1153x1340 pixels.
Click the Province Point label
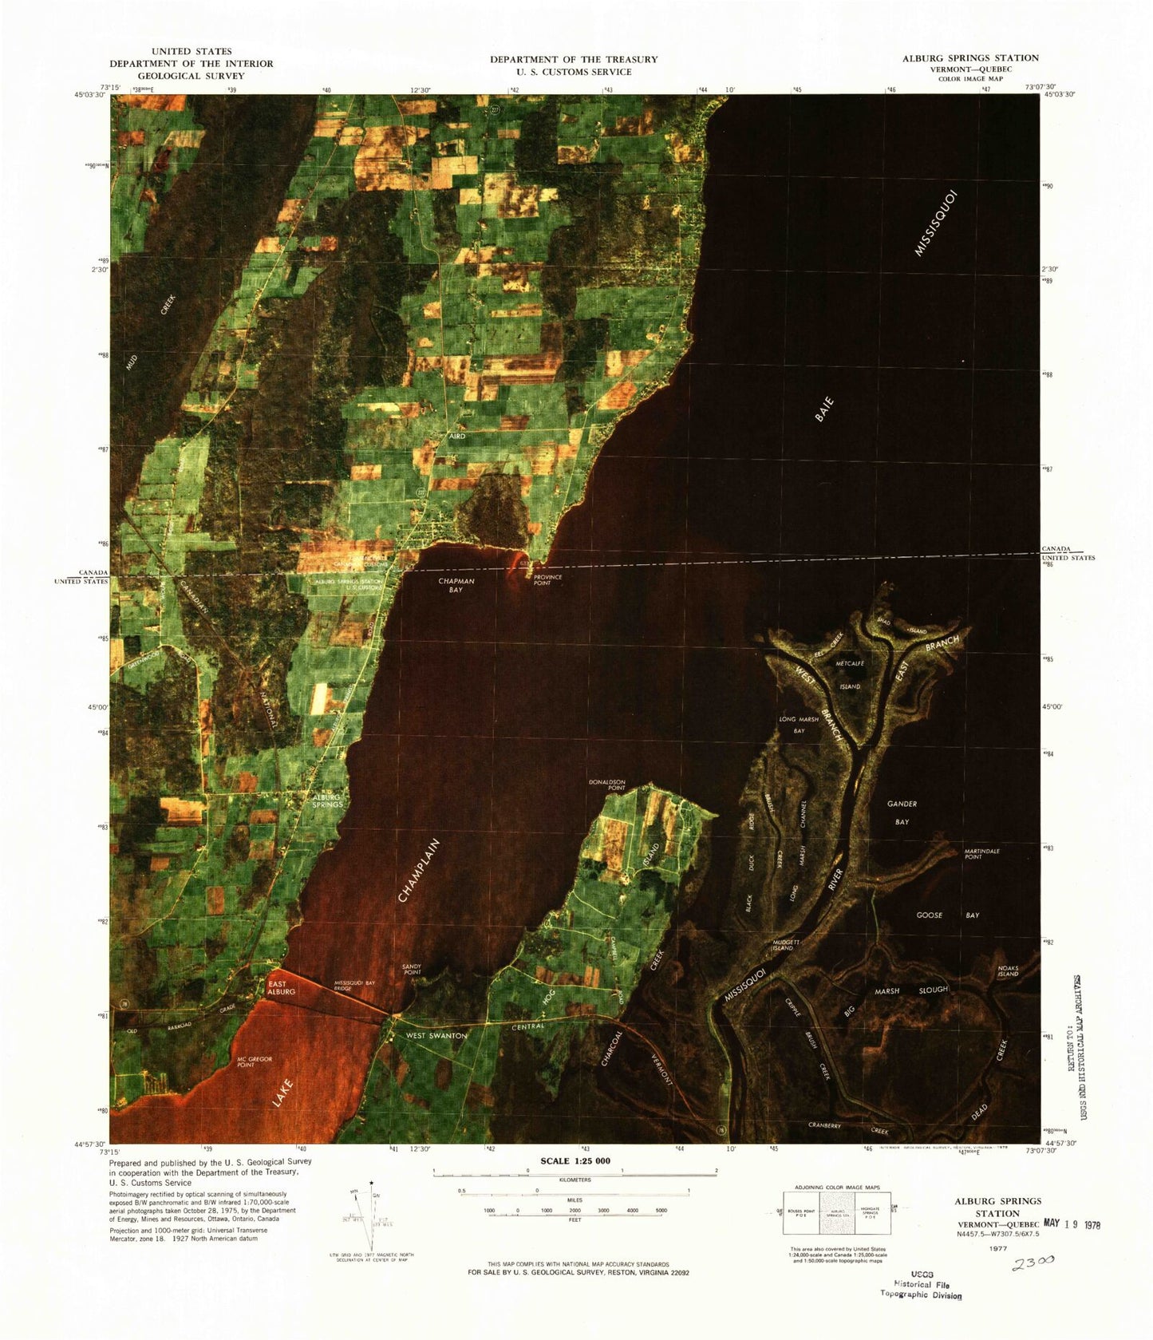547,579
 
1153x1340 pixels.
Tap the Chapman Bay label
456,585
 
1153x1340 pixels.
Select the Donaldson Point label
606,785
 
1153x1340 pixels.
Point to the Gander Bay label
902,812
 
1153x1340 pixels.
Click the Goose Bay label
947,915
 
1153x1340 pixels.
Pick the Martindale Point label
981,854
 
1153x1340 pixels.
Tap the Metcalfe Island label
850,674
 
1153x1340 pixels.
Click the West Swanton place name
436,1035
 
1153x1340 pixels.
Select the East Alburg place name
281,987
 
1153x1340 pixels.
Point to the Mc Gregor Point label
255,1061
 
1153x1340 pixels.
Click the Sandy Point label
412,970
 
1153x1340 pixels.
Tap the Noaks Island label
1008,970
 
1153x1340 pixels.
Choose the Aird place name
456,437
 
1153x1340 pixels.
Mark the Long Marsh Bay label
799,724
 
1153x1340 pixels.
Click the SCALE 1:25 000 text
575,1160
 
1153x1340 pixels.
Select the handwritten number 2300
1033,1263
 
